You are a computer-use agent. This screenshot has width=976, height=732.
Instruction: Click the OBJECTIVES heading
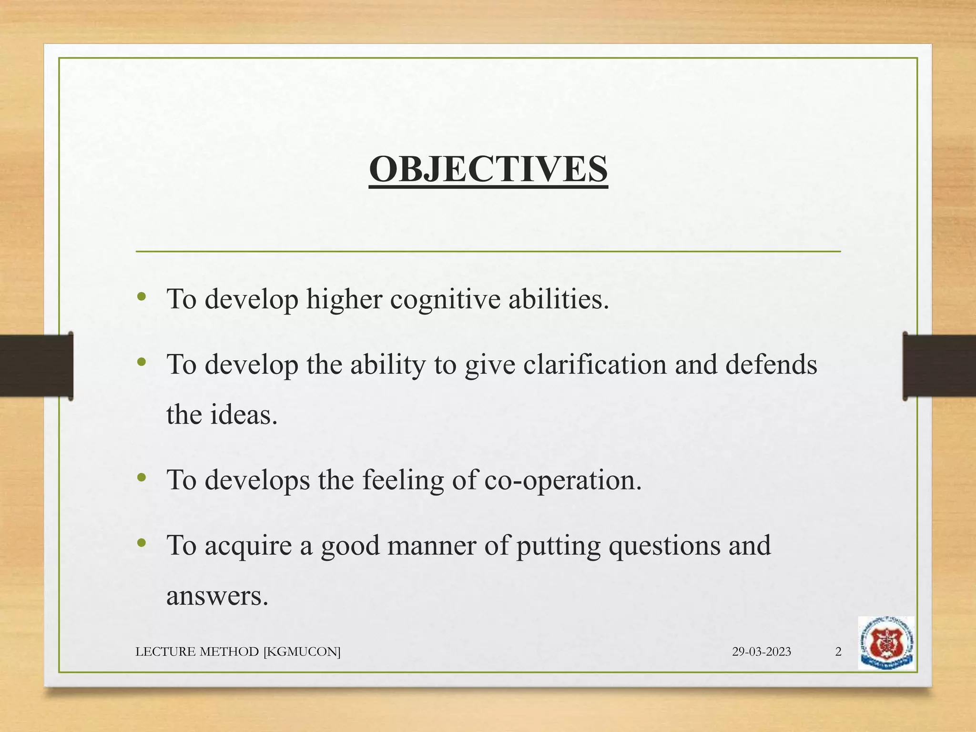click(x=488, y=170)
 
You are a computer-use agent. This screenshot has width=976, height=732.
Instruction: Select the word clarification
click(x=595, y=365)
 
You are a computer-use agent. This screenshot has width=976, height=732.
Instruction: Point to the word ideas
click(x=244, y=415)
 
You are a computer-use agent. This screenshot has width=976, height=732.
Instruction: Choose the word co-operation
click(x=563, y=480)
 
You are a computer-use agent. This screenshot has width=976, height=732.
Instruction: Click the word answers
click(x=217, y=596)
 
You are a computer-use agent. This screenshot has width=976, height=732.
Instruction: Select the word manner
click(x=432, y=546)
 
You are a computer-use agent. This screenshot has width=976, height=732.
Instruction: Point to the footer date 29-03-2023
click(x=761, y=651)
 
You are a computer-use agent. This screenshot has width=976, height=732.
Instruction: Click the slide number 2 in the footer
click(x=838, y=651)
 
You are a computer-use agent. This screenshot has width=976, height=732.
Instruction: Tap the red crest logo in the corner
click(x=886, y=643)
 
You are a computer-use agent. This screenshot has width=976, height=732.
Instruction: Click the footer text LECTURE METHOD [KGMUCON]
click(x=238, y=651)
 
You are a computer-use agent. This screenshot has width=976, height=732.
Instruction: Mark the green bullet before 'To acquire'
click(x=141, y=543)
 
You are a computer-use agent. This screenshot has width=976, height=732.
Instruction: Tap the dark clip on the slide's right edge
click(x=939, y=366)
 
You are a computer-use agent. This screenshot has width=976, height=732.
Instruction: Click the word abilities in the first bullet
click(x=559, y=300)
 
